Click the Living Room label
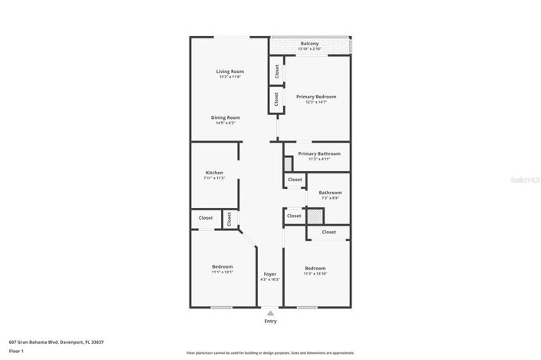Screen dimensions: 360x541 [x=229, y=71]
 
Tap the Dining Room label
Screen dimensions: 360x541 [x=226, y=117]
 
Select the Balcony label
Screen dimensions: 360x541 [x=309, y=44]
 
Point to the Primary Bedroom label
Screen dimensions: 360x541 [x=316, y=97]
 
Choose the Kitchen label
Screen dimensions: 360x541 [x=214, y=173]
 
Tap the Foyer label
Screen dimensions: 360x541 [x=270, y=274]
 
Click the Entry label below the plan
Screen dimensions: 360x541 [x=270, y=321]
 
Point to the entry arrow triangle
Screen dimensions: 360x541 [x=270, y=312]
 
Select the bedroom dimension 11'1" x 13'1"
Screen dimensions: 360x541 [x=222, y=272]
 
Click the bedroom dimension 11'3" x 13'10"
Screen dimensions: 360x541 [x=315, y=273]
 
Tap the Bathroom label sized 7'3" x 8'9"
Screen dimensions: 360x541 [x=330, y=193]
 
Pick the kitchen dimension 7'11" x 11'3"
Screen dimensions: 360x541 [x=214, y=178]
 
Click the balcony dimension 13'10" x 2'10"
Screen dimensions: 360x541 [x=309, y=49]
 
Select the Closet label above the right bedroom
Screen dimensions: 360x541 [x=328, y=232]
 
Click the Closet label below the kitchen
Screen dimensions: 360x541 [x=206, y=218]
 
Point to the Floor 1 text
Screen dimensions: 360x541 [x=16, y=351]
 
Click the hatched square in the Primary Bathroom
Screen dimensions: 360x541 [x=289, y=163]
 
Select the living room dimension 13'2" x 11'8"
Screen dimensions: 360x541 [x=229, y=77]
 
